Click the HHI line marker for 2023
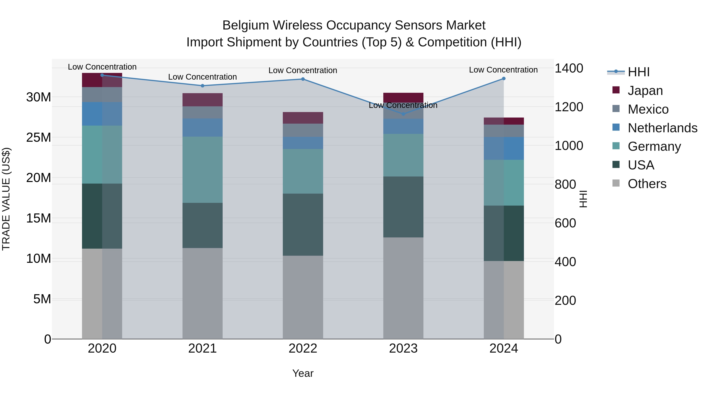click(x=403, y=114)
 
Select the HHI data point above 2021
click(x=203, y=86)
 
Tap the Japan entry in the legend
click(x=645, y=91)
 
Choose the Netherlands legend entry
click(x=662, y=128)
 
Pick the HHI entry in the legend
click(x=638, y=72)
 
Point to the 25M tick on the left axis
click(x=39, y=137)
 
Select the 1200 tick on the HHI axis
click(x=569, y=107)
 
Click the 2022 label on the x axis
click(x=303, y=348)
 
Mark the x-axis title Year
click(x=303, y=373)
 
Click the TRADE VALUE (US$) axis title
click(x=6, y=199)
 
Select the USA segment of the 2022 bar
click(x=303, y=225)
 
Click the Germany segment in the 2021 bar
click(x=203, y=170)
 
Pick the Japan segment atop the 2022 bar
click(x=303, y=118)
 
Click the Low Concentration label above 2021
click(x=203, y=77)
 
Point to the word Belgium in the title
click(x=245, y=25)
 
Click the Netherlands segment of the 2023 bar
click(x=403, y=126)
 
